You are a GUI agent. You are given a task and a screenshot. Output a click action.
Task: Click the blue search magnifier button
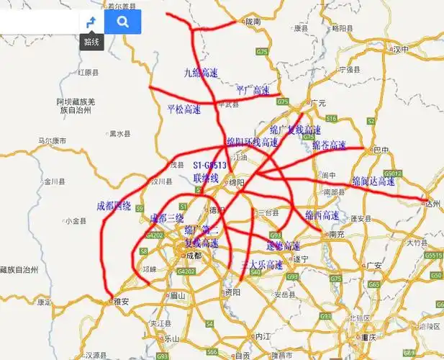coord(122,22)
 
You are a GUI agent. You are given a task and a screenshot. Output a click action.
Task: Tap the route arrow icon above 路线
coord(91,22)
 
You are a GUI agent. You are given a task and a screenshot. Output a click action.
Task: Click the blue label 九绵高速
coord(201,72)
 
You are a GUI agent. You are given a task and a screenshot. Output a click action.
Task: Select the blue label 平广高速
coord(253,90)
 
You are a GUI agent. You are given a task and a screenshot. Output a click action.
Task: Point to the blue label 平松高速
coord(184,109)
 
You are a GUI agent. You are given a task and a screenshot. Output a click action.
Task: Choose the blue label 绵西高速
coord(322,215)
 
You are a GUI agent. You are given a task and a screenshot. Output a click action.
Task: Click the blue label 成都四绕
coord(114,206)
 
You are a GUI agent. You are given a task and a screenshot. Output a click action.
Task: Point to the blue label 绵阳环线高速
coord(252,143)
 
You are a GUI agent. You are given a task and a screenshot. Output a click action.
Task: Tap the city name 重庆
coord(370,337)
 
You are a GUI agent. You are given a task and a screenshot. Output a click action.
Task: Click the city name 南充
coord(335,234)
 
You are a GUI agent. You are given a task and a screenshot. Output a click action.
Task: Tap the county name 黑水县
coord(119,133)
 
